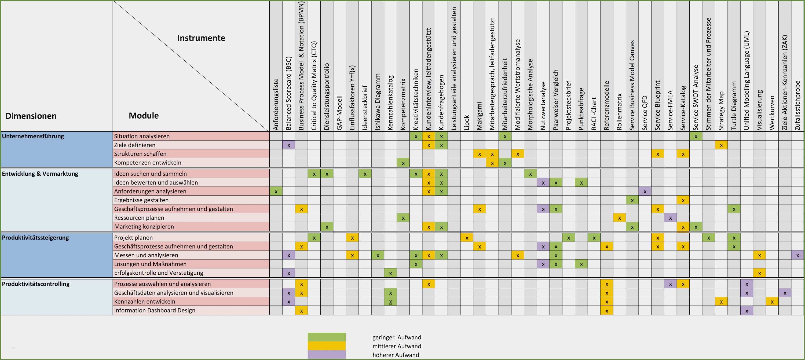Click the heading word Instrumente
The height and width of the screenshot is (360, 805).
pyautogui.click(x=201, y=38)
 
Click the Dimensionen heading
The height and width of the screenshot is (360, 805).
pyautogui.click(x=31, y=116)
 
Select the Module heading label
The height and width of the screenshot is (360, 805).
pyautogui.click(x=144, y=116)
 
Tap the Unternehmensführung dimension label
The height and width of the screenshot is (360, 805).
pyautogui.click(x=33, y=136)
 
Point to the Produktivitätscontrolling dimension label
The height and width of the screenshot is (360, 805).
pyautogui.click(x=36, y=284)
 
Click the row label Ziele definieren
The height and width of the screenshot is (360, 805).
pyautogui.click(x=134, y=145)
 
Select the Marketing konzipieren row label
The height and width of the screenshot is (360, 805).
pyautogui.click(x=144, y=227)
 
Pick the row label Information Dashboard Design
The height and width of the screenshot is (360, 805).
pyautogui.click(x=154, y=310)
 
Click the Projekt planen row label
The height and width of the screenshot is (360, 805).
pyautogui.click(x=133, y=237)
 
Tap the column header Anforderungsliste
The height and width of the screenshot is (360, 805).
pyautogui.click(x=276, y=104)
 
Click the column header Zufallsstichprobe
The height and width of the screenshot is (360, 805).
pyautogui.click(x=797, y=105)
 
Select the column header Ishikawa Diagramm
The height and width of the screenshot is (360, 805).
pyautogui.click(x=378, y=102)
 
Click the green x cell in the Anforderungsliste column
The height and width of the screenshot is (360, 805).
pyautogui.click(x=276, y=191)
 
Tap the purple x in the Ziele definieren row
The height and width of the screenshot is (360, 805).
pyautogui.click(x=288, y=145)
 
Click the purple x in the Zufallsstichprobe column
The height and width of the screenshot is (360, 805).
pyautogui.click(x=797, y=255)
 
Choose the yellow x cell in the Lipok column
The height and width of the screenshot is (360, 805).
pyautogui.click(x=467, y=237)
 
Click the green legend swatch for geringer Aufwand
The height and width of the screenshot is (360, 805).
pyautogui.click(x=327, y=337)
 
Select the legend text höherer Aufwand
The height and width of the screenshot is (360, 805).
pyautogui.click(x=395, y=355)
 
